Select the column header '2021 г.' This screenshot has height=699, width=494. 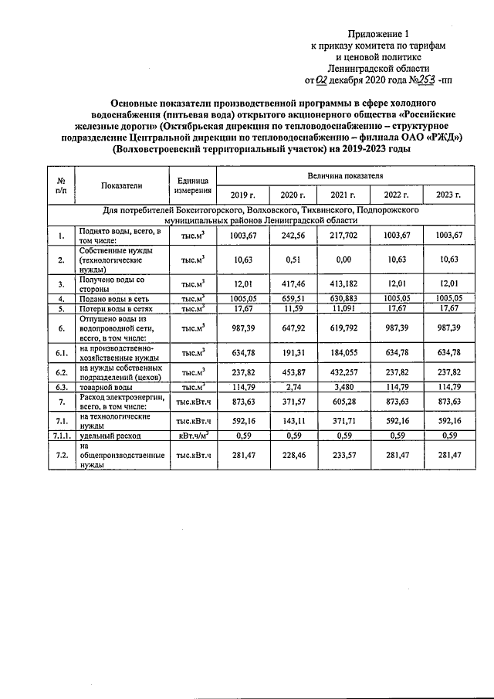[343, 194]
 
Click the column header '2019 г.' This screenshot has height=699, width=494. [243, 194]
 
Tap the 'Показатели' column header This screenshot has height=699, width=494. [122, 185]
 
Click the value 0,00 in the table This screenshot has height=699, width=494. [343, 260]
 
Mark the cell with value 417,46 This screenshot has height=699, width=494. [293, 283]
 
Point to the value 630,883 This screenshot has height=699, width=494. [343, 297]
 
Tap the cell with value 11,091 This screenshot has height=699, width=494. [343, 308]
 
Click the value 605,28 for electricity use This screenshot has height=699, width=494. [343, 402]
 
